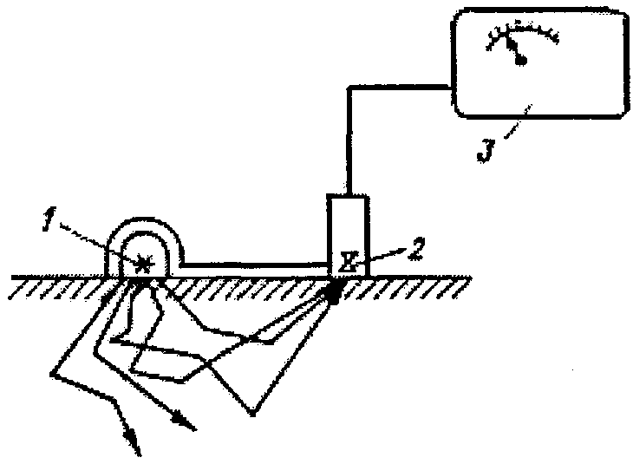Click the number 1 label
[49, 219]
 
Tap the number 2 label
[416, 249]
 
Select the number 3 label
[486, 150]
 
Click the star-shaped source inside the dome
[144, 264]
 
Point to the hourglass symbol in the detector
[349, 261]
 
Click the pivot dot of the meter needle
[521, 61]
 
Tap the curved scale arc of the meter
[522, 30]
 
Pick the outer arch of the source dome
[144, 219]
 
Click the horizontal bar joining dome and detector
[255, 265]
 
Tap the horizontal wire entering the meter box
[400, 88]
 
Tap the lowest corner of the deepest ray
[252, 415]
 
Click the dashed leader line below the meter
[518, 121]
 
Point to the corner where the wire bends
[349, 88]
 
